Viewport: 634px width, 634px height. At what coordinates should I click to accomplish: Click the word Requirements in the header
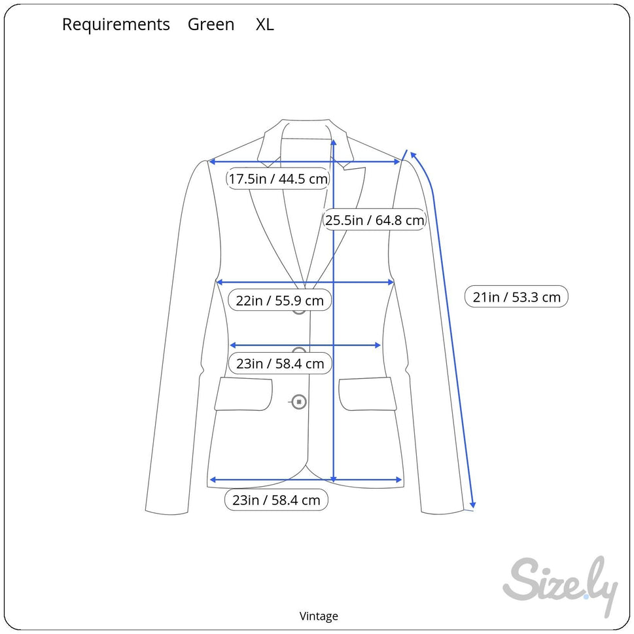116,25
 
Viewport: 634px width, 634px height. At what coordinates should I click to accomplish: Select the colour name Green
211,25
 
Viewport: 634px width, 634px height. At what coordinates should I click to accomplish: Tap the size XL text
264,25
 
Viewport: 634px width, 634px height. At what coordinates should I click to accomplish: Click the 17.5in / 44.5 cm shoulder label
278,179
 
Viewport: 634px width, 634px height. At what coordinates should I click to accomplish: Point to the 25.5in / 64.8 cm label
375,220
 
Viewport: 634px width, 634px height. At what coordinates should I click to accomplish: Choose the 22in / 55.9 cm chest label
280,301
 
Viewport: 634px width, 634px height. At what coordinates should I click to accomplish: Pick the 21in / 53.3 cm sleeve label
517,297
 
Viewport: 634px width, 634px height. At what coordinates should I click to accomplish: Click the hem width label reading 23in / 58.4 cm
276,501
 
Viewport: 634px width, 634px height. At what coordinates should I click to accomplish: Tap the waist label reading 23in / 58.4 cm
280,364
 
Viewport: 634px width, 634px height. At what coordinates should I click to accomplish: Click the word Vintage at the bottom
319,616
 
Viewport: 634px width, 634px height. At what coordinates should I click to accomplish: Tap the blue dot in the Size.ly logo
586,596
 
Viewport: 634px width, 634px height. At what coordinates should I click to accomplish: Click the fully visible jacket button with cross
299,402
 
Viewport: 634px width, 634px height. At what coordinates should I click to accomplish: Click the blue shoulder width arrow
305,161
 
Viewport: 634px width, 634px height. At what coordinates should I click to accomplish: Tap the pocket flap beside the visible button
243,394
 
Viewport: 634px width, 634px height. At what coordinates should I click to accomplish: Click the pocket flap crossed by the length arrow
367,394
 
